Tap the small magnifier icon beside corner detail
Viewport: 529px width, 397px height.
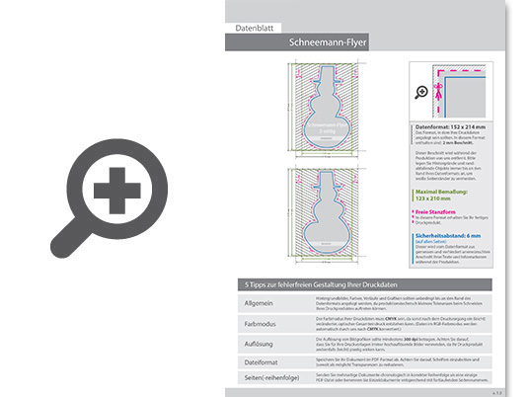click(x=422, y=92)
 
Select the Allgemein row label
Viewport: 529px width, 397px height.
click(x=258, y=303)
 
